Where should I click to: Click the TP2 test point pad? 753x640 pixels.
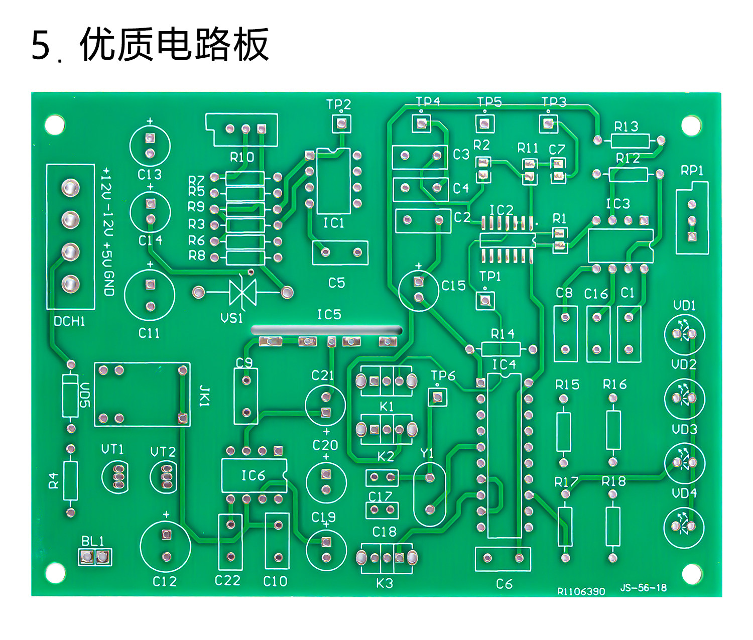[341, 123]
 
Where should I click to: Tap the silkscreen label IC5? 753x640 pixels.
[329, 315]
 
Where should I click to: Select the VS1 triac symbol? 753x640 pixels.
[242, 292]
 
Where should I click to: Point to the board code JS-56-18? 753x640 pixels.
[643, 588]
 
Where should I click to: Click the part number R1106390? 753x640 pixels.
[581, 591]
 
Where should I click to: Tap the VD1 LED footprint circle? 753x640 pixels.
[684, 334]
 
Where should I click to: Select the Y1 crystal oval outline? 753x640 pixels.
[430, 494]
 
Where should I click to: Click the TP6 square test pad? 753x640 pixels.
[437, 398]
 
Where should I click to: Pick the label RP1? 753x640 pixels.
[692, 171]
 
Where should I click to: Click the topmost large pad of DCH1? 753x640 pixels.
[70, 188]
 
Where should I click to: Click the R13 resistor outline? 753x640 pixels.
[629, 141]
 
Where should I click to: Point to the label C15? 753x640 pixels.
[454, 286]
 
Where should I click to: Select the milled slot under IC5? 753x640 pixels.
[327, 330]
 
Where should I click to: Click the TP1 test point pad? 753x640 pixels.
[485, 300]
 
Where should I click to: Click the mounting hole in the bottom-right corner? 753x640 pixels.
[692, 573]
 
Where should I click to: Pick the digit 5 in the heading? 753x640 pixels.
[41, 45]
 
